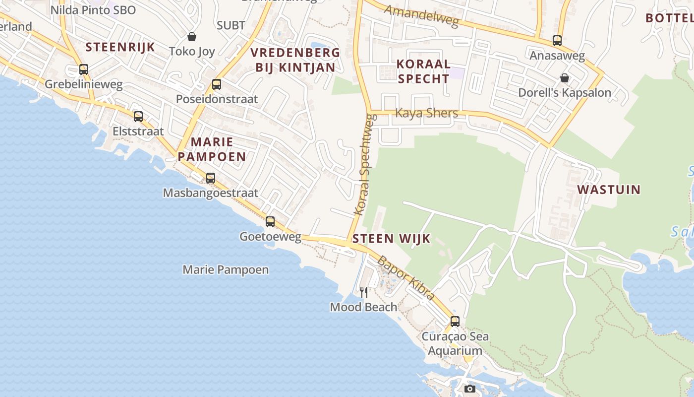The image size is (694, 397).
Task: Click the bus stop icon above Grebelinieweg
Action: click(84, 69)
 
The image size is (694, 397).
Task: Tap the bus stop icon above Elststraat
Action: click(138, 117)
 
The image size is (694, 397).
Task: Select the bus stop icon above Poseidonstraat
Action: click(217, 84)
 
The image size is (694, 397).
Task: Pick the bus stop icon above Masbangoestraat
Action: click(211, 178)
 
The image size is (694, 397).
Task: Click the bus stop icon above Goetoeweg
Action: click(270, 222)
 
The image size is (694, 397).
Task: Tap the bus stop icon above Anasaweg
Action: click(557, 41)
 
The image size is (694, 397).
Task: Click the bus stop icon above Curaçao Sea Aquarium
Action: click(455, 322)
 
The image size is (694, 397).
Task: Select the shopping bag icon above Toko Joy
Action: click(192, 37)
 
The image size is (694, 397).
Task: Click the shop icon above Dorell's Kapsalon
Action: click(564, 78)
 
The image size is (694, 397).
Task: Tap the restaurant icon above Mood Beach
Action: click(364, 292)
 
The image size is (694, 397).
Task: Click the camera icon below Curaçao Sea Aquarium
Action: click(470, 389)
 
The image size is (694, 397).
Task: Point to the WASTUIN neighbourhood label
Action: click(609, 190)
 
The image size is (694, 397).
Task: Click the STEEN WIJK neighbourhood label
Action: click(391, 239)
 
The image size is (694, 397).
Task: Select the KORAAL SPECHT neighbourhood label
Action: click(424, 71)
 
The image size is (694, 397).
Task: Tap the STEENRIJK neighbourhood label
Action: click(120, 47)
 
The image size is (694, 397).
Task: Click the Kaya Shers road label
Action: click(426, 113)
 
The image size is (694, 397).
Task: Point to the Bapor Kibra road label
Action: click(406, 278)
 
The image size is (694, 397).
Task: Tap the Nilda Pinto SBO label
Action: click(93, 10)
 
